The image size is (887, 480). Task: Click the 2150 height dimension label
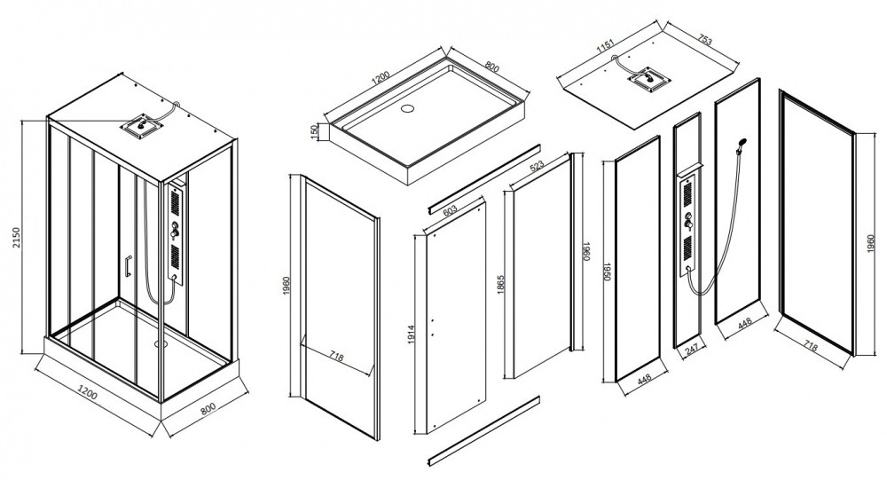point(16,237)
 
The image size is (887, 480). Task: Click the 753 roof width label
point(704,40)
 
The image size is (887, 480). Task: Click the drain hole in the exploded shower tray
point(407,108)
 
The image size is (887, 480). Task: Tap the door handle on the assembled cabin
point(129,267)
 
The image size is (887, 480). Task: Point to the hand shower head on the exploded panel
point(742,142)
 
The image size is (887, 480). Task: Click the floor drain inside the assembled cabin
point(160,342)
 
